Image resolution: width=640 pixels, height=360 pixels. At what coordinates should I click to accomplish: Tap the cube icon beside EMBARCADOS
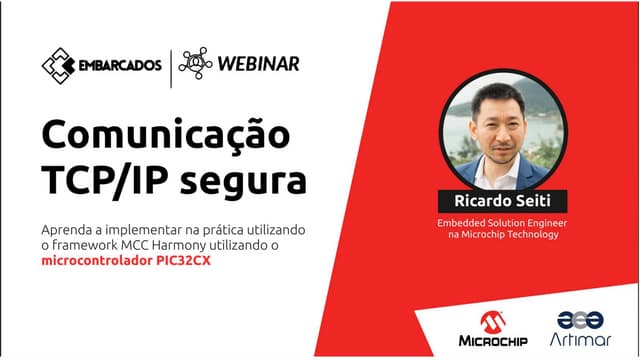coord(58,65)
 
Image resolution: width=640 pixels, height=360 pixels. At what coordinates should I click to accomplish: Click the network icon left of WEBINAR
coord(195,64)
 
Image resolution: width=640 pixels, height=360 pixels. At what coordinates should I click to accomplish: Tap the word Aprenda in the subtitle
coord(67,229)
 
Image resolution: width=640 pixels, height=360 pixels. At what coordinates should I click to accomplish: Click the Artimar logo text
coord(580,342)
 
